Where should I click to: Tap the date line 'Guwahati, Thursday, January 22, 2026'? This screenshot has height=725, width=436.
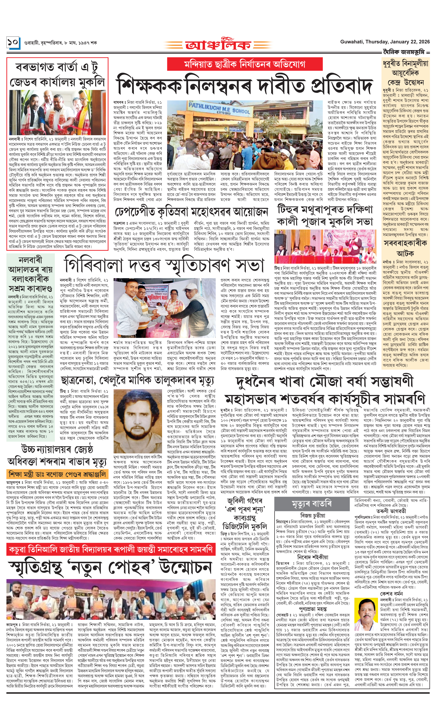coord(385,42)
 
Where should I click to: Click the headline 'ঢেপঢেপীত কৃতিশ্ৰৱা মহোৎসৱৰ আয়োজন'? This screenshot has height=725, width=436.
coord(191,212)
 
